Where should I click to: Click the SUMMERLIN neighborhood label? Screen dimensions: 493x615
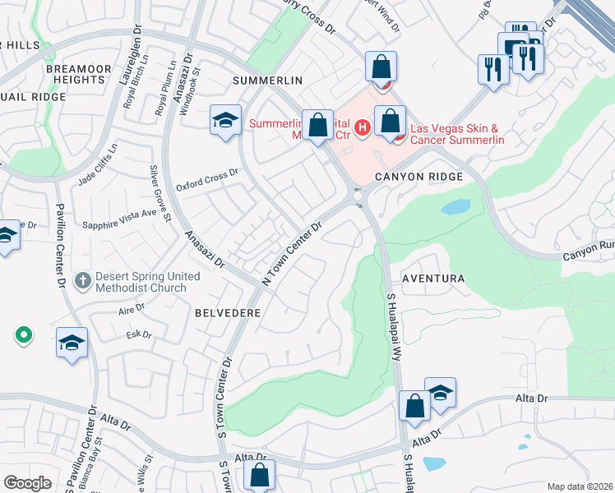pos(267,81)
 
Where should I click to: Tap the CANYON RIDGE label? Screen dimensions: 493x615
pos(419,177)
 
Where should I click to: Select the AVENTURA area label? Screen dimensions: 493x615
pos(432,279)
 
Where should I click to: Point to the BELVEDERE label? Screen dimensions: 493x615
pos(228,313)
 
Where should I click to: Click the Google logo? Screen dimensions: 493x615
pos(27,482)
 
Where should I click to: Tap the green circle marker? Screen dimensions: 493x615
pos(23,334)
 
